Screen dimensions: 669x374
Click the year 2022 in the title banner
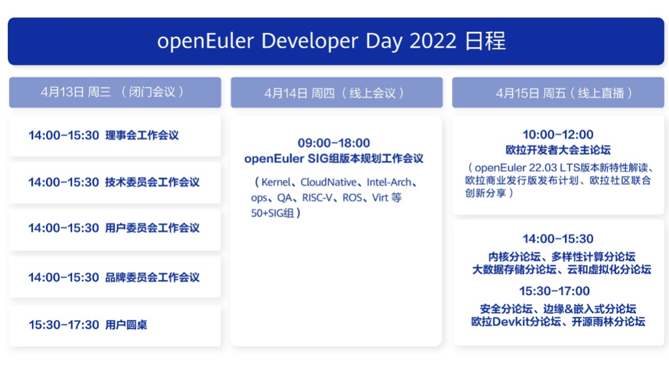433,41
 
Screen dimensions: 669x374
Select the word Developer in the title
309,42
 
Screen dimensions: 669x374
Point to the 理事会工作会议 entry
142,136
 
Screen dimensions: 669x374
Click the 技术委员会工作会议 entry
153,182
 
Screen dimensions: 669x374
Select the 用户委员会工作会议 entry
153,228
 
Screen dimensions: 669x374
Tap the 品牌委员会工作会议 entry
153,278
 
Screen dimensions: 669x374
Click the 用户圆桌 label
126,325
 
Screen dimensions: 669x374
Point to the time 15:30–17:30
64,325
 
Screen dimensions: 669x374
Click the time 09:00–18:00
334,143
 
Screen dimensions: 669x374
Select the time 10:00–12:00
558,135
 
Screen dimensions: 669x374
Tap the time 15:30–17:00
554,292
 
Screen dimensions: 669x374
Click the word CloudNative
328,182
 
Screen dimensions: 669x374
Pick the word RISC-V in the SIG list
317,198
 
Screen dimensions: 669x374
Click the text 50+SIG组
272,213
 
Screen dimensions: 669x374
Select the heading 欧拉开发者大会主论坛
558,150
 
